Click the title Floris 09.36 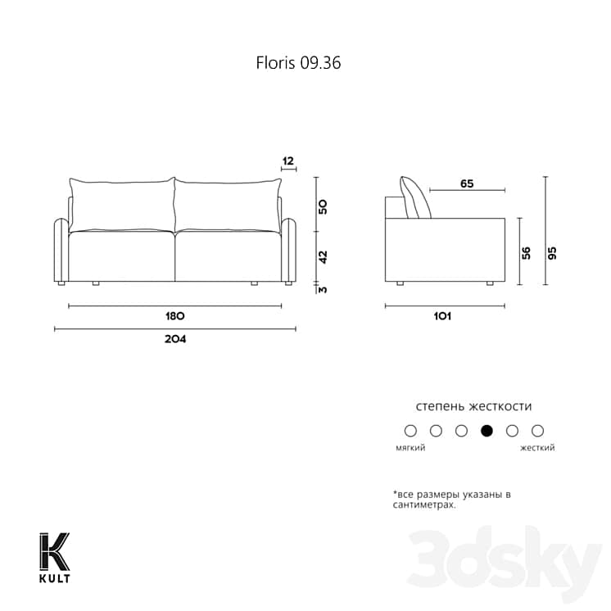click(297, 62)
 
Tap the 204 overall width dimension click(174, 339)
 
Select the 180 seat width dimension click(174, 316)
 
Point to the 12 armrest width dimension click(287, 161)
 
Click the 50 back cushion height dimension click(324, 206)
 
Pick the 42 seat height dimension click(324, 256)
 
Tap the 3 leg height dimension click(324, 288)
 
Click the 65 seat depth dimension click(466, 184)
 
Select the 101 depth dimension click(444, 316)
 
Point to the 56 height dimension click(527, 252)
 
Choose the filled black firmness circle click(487, 430)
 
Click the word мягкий click(410, 448)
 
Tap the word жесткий click(537, 448)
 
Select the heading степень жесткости click(473, 406)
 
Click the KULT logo click(55, 559)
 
